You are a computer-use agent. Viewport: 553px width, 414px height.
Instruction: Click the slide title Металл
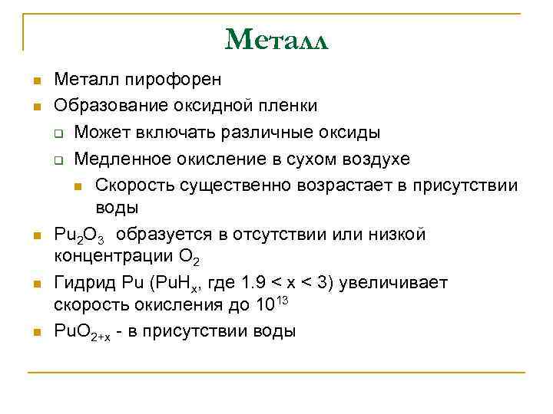276,39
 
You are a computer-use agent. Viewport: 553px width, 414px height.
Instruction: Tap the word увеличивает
402,284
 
